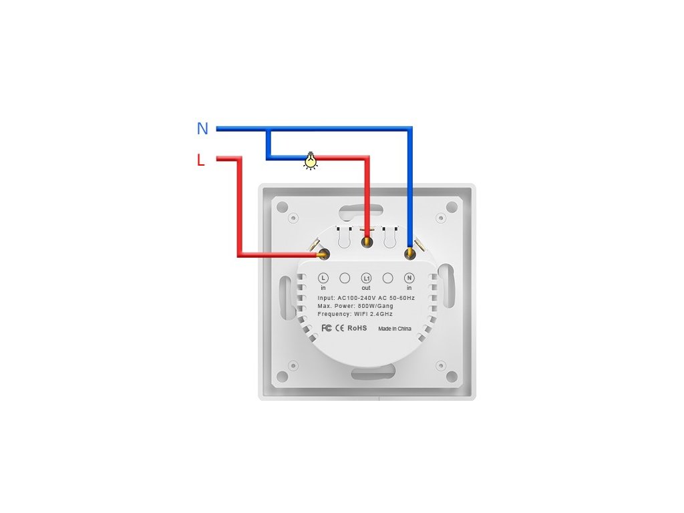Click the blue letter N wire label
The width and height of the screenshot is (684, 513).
[202, 129]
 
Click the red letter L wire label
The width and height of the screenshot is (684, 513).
[200, 160]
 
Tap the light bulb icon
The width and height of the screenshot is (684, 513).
[311, 160]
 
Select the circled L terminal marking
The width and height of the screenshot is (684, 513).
[323, 277]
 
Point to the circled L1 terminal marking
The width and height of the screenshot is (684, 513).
[366, 277]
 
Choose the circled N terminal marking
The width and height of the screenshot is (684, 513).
[409, 277]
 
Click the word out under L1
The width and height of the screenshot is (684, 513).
[366, 288]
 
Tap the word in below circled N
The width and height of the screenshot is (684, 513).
[409, 288]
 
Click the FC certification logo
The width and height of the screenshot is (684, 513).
[327, 328]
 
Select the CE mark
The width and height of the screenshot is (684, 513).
[339, 328]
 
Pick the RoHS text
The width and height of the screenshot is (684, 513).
[357, 328]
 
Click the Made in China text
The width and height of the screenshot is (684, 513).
[395, 329]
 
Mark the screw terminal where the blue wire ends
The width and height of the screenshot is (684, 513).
[409, 253]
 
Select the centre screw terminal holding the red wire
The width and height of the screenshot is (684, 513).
[367, 242]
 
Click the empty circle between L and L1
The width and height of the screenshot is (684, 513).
[345, 277]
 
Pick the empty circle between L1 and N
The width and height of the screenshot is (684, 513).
[387, 277]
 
